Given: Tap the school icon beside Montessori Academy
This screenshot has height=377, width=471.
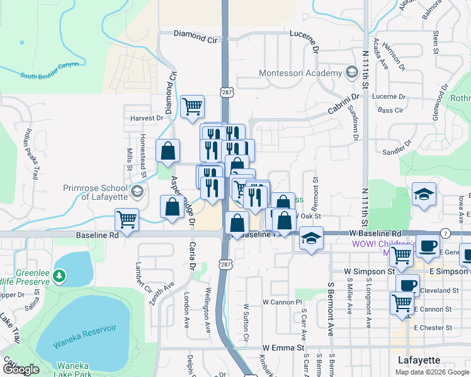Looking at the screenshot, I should click(351, 73).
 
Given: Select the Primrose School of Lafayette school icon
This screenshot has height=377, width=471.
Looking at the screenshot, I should click(136, 192).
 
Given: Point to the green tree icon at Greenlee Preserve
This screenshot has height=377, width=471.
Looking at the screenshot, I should click(59, 275).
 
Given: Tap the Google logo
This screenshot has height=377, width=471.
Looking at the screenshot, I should click(21, 369).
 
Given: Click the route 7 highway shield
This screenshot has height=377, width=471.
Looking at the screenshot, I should click(445, 233).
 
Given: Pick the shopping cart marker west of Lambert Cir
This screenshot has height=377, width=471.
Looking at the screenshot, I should click(127, 220).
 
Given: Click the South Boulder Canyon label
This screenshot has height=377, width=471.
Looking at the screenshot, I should click(50, 70).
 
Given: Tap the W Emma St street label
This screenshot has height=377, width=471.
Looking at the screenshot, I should click(283, 347).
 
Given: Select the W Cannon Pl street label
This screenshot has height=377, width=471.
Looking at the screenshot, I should click(279, 302).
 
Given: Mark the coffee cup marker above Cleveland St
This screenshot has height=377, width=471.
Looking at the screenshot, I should click(407, 285).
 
